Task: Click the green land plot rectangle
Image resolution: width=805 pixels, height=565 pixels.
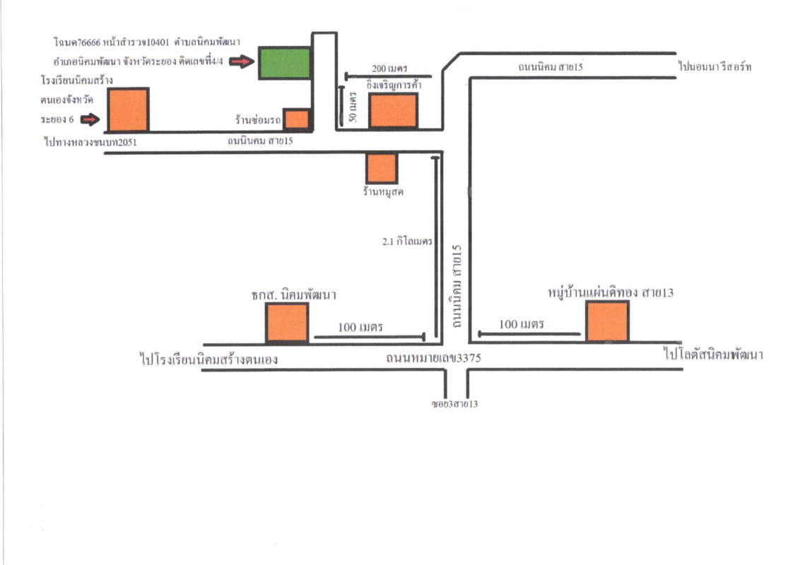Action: click(x=284, y=62)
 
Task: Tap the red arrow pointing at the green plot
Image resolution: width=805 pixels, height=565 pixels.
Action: click(x=240, y=62)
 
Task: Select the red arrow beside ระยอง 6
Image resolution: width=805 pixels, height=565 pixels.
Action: click(x=90, y=120)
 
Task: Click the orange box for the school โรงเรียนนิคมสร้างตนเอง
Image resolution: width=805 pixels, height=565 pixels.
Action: click(x=129, y=109)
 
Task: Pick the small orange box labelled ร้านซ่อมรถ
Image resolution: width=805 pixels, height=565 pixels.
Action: click(x=297, y=119)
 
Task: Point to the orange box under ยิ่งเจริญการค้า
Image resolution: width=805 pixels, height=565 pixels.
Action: click(x=394, y=111)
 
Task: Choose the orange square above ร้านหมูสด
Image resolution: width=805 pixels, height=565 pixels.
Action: click(x=382, y=168)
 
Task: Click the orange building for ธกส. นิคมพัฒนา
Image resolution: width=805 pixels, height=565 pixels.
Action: click(x=287, y=322)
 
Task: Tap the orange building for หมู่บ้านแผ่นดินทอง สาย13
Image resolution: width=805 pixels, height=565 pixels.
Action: click(x=607, y=321)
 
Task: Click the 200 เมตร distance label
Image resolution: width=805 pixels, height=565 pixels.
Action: click(x=388, y=69)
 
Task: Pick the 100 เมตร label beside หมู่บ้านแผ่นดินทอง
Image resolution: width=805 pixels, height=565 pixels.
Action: click(x=521, y=324)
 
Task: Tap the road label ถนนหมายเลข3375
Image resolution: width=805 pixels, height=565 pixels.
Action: click(x=433, y=358)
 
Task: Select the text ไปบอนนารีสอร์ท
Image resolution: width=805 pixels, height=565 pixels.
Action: click(x=715, y=67)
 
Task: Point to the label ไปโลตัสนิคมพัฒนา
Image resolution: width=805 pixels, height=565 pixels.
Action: click(x=714, y=355)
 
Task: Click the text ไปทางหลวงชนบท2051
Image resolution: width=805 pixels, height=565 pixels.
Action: click(x=89, y=142)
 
